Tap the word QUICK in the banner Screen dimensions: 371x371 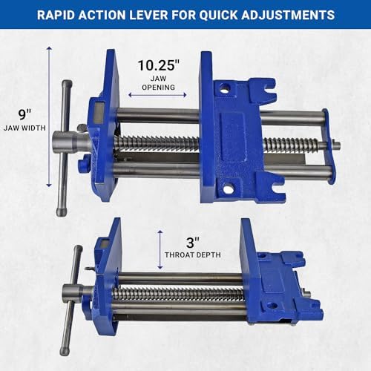click(218, 15)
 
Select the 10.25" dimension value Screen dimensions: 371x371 click(159, 65)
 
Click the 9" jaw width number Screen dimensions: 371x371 click(24, 114)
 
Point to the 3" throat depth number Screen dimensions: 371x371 click(193, 243)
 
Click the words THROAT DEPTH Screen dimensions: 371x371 click(193, 255)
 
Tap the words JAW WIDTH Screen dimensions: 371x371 click(24, 128)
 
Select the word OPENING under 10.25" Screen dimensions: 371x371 click(158, 88)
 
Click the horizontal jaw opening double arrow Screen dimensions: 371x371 click(157, 95)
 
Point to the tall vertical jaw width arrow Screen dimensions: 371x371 click(49, 116)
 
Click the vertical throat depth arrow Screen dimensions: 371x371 click(160, 249)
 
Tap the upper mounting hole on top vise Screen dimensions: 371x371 click(225, 88)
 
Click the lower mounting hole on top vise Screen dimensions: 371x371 click(228, 188)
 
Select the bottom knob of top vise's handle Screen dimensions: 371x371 click(62, 211)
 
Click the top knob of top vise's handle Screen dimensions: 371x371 click(67, 84)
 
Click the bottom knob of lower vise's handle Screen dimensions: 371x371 click(65, 351)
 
